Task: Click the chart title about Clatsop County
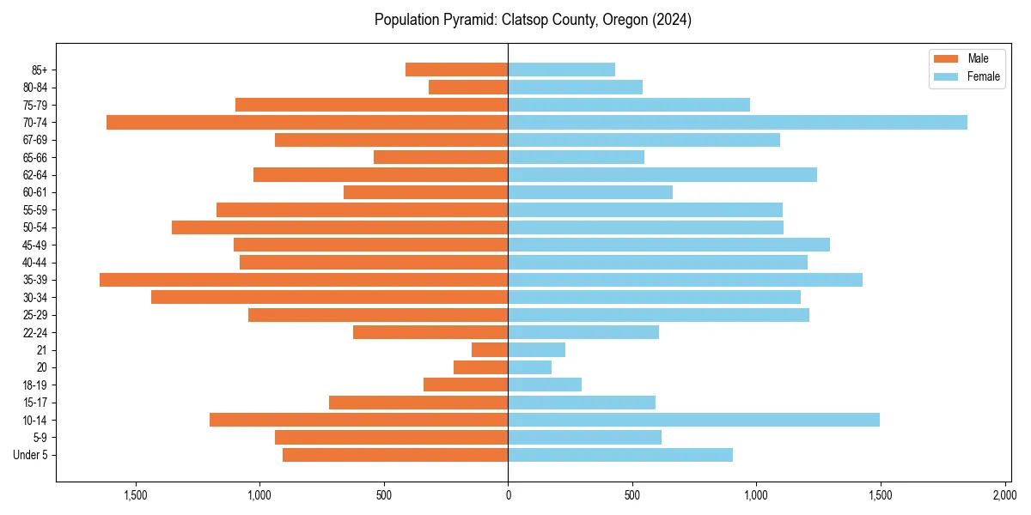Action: (533, 20)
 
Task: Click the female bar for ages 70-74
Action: (737, 122)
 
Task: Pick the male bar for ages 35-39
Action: (303, 280)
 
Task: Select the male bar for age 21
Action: (490, 349)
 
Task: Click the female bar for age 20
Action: (529, 367)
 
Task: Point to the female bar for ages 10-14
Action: (693, 420)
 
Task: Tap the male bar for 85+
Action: (456, 70)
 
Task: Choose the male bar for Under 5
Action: (395, 455)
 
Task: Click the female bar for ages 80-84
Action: (575, 87)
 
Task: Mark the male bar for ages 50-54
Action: (339, 227)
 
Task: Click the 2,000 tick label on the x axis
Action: (1004, 495)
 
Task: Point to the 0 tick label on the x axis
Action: (508, 495)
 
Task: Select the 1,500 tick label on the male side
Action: (136, 495)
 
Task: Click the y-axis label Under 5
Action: (30, 455)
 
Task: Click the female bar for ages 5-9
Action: (584, 437)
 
